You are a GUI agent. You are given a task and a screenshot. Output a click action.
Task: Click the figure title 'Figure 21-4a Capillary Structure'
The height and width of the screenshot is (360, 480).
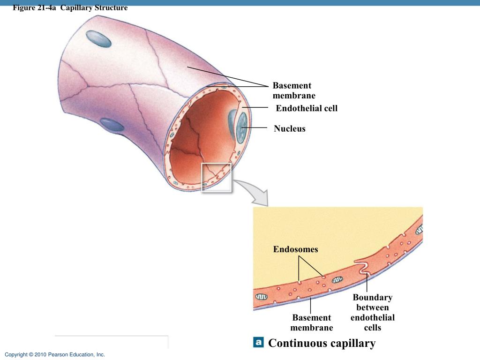(70, 7)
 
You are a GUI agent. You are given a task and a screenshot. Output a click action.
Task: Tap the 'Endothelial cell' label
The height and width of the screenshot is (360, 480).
(307, 108)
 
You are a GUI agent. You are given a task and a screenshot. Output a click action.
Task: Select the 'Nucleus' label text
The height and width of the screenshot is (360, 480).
(290, 128)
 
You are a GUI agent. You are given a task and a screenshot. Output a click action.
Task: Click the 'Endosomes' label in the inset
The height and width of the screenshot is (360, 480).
(295, 249)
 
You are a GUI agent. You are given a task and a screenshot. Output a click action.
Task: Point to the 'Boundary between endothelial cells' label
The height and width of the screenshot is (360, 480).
(373, 312)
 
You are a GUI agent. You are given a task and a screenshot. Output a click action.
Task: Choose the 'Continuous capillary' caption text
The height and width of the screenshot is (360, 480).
(322, 344)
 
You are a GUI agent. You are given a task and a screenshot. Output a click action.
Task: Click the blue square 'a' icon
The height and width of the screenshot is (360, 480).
(258, 342)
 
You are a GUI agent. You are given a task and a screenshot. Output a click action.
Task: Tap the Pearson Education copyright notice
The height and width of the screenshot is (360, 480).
(55, 354)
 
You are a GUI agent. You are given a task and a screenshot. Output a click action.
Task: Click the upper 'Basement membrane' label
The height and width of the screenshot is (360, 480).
(294, 90)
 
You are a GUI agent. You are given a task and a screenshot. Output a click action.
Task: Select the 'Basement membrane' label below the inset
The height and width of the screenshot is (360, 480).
(312, 322)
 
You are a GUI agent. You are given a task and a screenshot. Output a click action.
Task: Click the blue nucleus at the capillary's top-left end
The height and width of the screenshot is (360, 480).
(98, 39)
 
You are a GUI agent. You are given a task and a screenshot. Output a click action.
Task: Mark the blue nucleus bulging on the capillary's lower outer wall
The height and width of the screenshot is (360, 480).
(112, 125)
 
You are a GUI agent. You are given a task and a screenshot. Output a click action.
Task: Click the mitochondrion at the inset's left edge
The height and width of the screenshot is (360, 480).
(261, 297)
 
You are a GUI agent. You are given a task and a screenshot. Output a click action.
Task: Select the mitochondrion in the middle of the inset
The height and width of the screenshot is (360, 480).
(337, 279)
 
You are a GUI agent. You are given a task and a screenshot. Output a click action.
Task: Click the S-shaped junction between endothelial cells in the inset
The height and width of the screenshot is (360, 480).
(363, 266)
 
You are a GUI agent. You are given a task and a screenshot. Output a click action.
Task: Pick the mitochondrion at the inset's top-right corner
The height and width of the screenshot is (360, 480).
(420, 229)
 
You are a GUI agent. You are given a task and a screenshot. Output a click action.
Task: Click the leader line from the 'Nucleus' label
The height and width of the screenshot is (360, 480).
(255, 127)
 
